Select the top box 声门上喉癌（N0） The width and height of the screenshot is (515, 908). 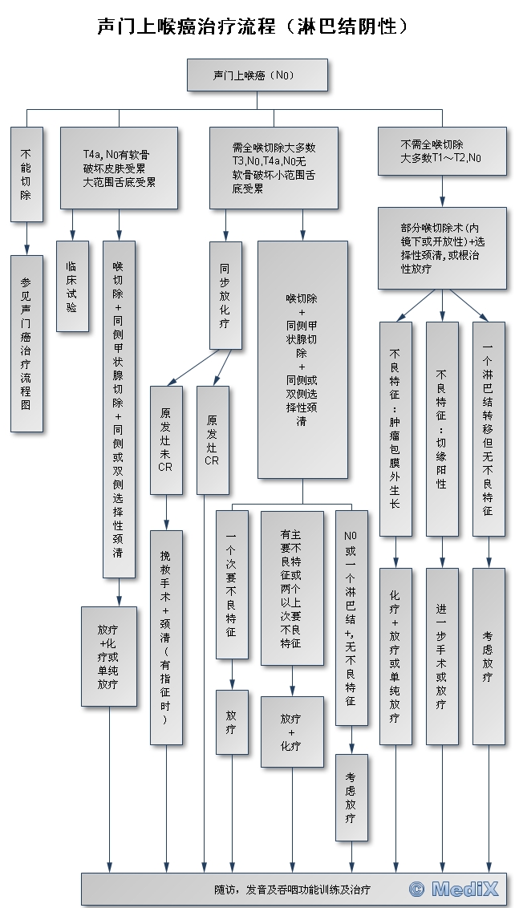click(257, 75)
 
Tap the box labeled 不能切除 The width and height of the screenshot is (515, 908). click(26, 172)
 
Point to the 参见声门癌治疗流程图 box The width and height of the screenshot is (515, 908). click(26, 343)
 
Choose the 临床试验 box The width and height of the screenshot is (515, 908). click(71, 286)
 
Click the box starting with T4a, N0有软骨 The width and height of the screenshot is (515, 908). click(119, 167)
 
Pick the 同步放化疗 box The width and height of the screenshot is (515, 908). click(225, 295)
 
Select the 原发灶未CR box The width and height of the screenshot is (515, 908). click(165, 440)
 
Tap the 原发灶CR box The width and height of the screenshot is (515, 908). click(212, 440)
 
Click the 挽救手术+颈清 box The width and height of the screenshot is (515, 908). click(165, 637)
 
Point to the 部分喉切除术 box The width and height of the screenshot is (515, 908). click(442, 248)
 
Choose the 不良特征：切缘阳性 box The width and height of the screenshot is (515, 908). click(441, 429)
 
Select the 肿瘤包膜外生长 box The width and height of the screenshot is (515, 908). click(395, 429)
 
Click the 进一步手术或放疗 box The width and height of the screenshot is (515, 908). click(441, 656)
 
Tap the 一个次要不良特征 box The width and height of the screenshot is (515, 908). click(231, 584)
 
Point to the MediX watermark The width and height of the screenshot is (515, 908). click(453, 889)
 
